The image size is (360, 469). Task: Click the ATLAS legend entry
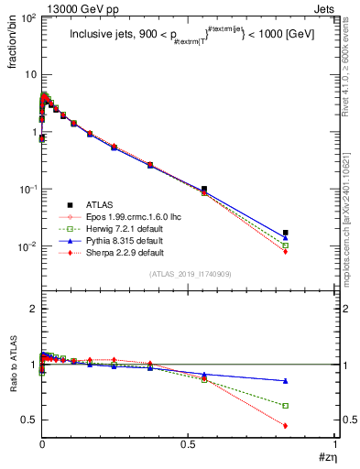(100, 204)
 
